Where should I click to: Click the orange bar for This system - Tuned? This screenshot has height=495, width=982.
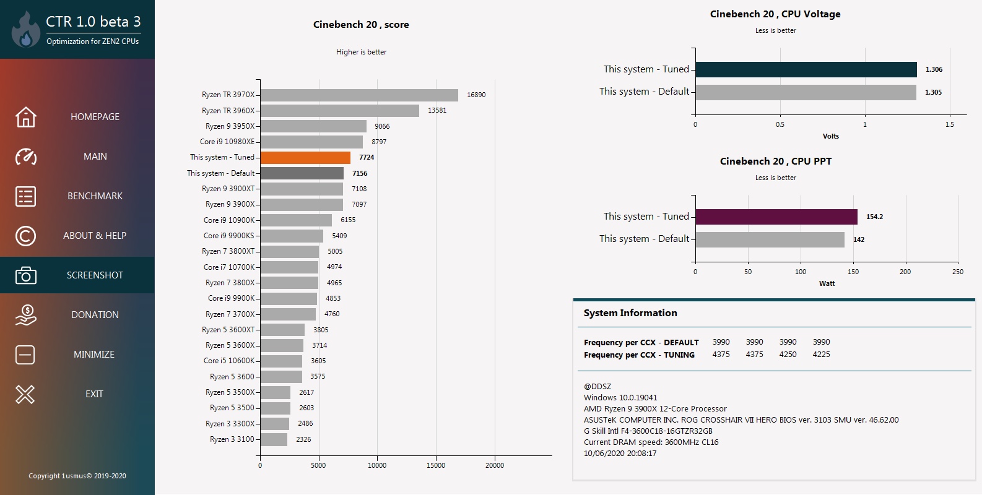(305, 158)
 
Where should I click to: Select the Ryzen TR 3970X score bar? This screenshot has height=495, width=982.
(359, 95)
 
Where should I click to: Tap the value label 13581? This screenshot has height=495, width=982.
(437, 110)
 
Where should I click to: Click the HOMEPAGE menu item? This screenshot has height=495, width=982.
(95, 117)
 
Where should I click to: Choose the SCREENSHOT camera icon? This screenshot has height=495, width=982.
(25, 275)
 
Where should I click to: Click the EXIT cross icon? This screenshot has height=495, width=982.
(25, 394)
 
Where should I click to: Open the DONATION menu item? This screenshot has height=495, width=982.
(95, 315)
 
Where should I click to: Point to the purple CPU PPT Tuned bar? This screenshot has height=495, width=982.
(776, 217)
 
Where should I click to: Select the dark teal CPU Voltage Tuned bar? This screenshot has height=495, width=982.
(806, 69)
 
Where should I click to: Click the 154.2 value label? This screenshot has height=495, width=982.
(874, 217)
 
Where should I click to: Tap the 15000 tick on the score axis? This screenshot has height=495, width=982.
(436, 465)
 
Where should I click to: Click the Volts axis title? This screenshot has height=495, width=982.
(830, 136)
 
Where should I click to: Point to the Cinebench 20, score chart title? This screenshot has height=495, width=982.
(361, 25)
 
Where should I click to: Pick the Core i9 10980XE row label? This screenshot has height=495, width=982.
(227, 142)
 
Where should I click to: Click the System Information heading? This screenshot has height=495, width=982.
(630, 313)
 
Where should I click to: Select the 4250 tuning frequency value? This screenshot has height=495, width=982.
(788, 355)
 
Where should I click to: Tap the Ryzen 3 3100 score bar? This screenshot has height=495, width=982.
(274, 439)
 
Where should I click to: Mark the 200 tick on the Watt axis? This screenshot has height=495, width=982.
(905, 272)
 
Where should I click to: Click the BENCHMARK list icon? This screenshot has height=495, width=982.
(25, 196)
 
